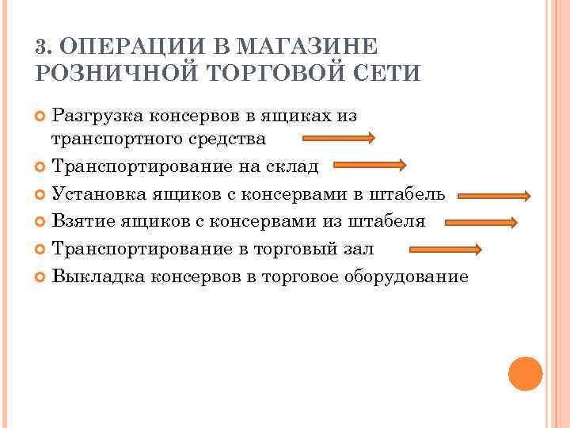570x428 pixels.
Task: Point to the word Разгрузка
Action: coord(97,116)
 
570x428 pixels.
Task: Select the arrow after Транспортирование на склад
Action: coord(369,166)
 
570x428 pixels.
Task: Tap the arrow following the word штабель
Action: coord(494,195)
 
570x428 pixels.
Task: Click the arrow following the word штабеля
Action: coord(478,223)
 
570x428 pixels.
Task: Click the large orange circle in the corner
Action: coord(526,373)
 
